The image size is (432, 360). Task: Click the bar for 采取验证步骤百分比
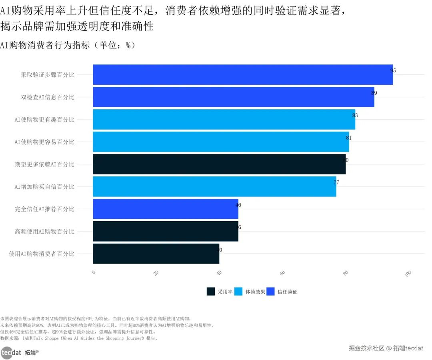click(x=243, y=74)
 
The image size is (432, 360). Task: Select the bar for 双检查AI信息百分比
click(x=233, y=97)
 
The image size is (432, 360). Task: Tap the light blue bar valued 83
click(x=224, y=119)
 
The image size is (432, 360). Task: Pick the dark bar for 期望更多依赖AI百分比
click(x=219, y=164)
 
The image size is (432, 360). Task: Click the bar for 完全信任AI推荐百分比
click(x=165, y=209)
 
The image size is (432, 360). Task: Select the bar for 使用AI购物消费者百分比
click(x=156, y=254)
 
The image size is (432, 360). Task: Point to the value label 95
click(x=393, y=70)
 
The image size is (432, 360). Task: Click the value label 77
click(x=336, y=182)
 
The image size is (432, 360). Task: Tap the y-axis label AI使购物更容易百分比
click(x=44, y=142)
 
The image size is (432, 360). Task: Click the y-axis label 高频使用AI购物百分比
click(x=44, y=232)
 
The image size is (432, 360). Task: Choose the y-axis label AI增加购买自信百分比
click(x=44, y=187)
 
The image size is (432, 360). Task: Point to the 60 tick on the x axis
click(x=282, y=273)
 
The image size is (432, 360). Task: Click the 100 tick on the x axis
click(x=408, y=274)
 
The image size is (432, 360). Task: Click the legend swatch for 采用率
click(x=211, y=292)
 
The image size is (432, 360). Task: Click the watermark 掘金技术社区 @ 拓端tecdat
click(x=386, y=348)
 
